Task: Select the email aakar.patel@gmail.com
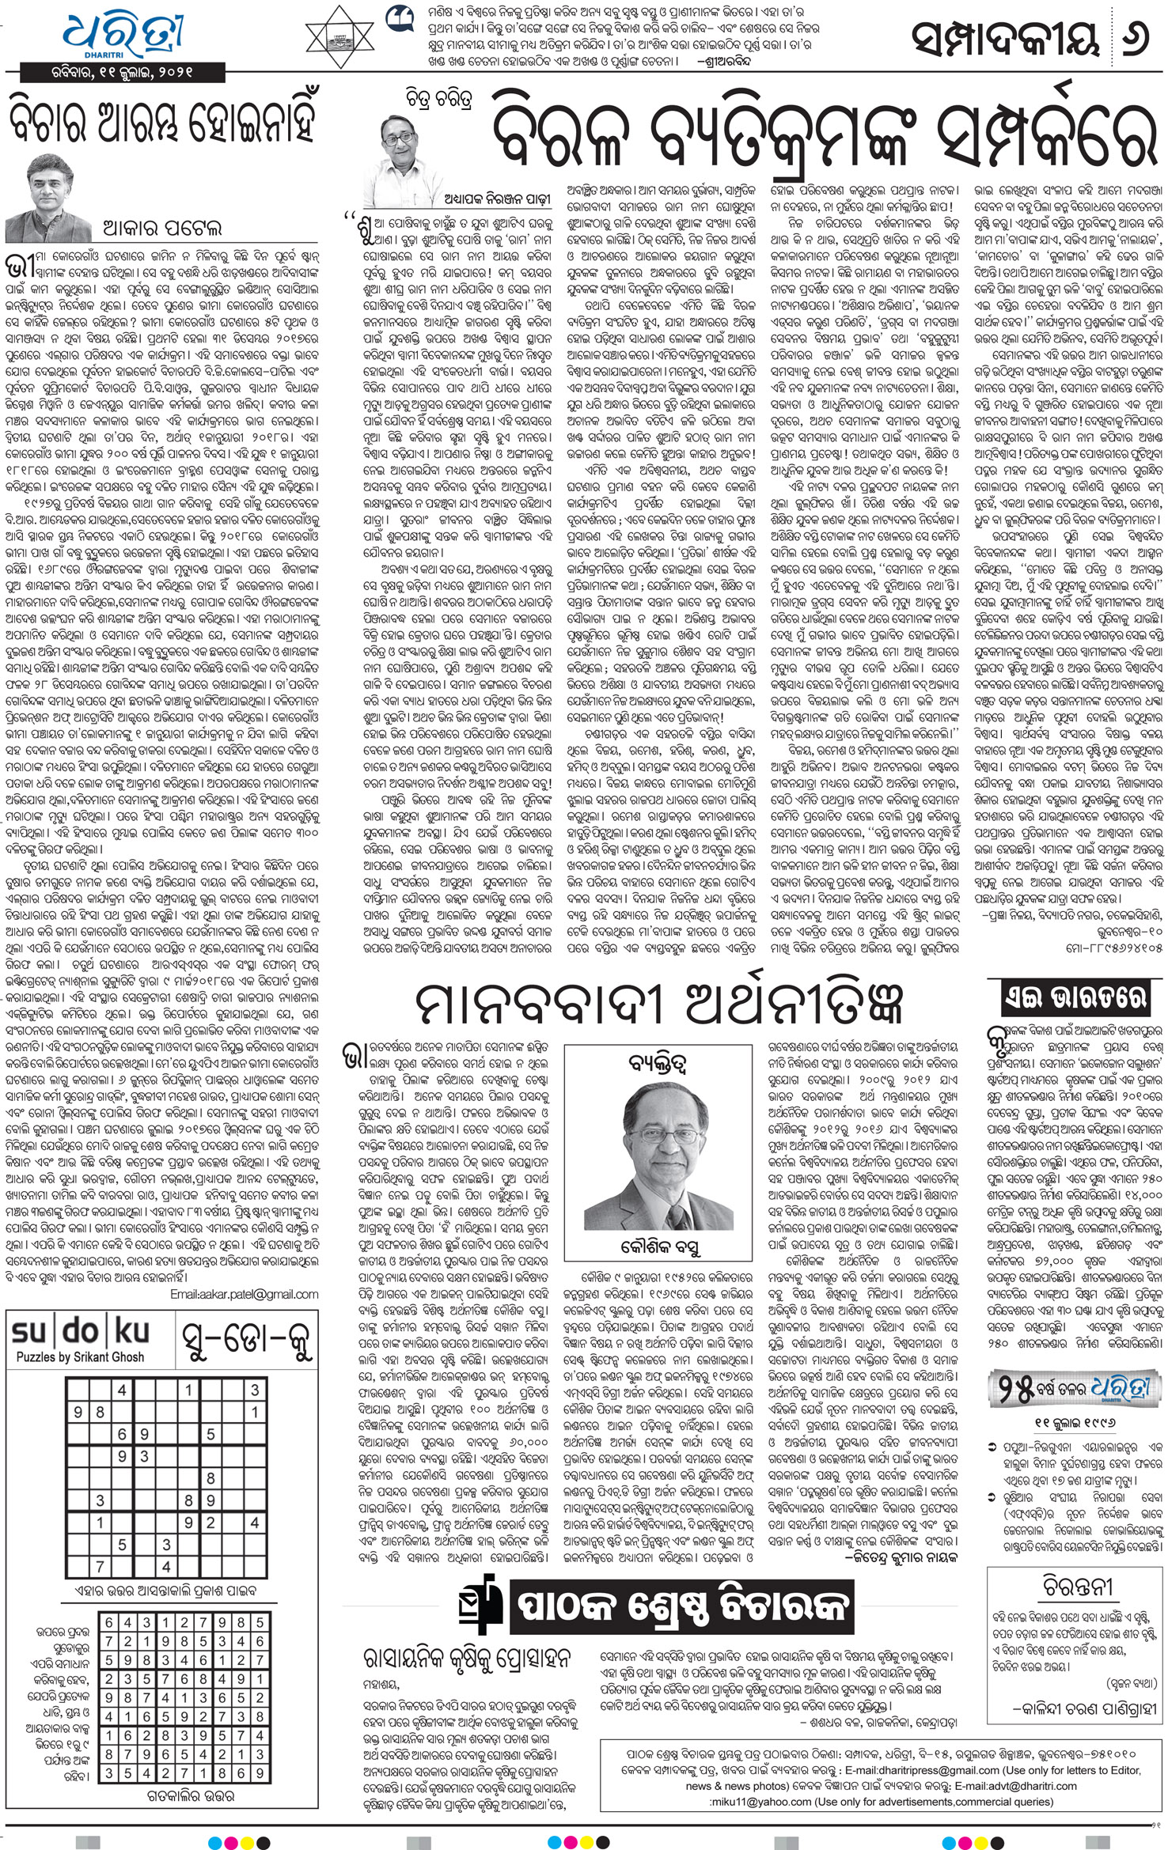click(x=245, y=1295)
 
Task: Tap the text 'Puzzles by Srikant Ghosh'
click(x=81, y=1357)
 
